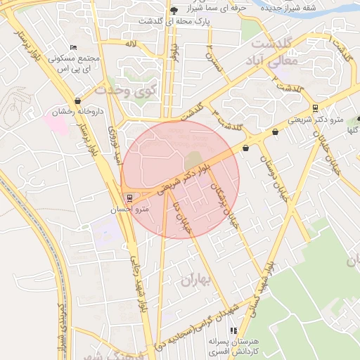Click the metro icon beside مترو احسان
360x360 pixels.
(127, 198)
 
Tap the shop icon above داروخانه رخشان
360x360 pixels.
(77, 101)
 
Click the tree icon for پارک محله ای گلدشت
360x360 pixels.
(174, 10)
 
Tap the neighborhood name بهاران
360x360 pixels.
(195, 280)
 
